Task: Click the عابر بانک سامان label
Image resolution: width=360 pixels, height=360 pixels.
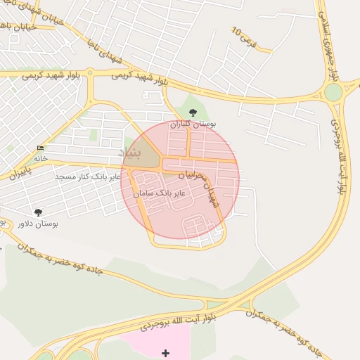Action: (x=160, y=192)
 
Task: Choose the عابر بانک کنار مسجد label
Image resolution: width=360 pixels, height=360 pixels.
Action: (x=89, y=176)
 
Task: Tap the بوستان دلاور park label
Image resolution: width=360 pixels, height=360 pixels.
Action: (x=38, y=224)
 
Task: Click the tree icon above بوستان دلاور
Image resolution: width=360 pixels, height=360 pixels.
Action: (x=38, y=212)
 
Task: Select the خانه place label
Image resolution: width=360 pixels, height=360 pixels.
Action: (x=40, y=158)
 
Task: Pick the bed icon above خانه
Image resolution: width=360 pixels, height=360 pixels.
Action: (x=40, y=148)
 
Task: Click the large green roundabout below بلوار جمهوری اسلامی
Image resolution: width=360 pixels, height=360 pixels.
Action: (x=333, y=92)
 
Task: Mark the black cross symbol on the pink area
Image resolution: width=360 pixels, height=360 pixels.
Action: (x=165, y=352)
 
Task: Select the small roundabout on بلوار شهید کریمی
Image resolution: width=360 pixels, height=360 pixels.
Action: (x=91, y=74)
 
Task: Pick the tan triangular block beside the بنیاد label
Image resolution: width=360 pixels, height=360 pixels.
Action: (x=146, y=153)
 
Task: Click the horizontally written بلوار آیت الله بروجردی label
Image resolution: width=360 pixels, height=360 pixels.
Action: (x=177, y=323)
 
